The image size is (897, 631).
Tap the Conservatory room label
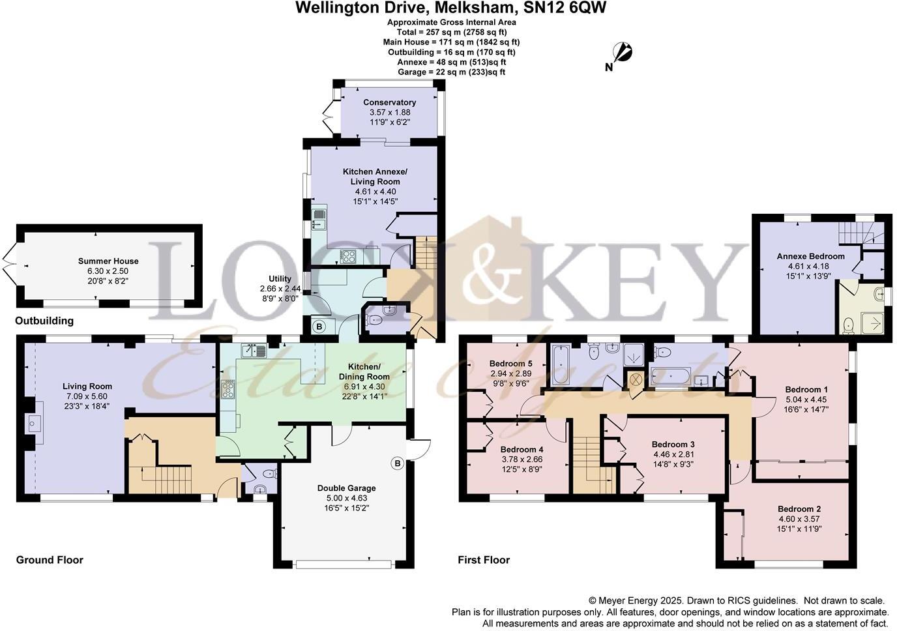point(389,102)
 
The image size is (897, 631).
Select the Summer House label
point(108,261)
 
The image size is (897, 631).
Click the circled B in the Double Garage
point(397,463)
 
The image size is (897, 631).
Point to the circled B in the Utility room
point(319,326)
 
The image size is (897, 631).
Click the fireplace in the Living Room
point(32,423)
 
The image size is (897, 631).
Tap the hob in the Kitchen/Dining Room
point(229,390)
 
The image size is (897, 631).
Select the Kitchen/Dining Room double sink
point(253,351)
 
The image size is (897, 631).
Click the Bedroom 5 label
point(511,363)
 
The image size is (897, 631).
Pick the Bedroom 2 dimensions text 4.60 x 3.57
point(799,519)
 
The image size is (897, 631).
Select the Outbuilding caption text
point(44,321)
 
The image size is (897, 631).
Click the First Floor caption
point(484,560)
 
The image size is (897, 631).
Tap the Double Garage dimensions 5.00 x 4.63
point(346,498)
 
